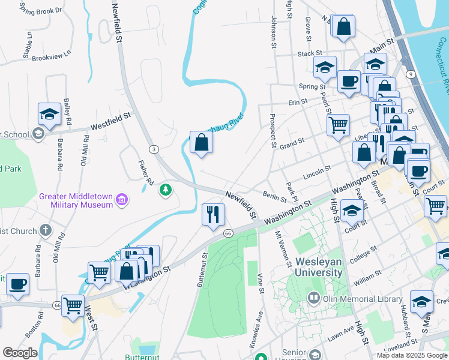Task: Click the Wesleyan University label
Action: (x=318, y=268)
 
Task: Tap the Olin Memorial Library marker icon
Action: (x=313, y=298)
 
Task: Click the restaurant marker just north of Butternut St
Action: (x=213, y=215)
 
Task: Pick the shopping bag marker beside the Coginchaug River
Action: (x=201, y=143)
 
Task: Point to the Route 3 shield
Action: (x=154, y=148)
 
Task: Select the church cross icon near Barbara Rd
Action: (x=46, y=230)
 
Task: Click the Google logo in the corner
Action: (x=20, y=353)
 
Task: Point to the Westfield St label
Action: (x=110, y=122)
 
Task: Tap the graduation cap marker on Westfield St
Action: (x=49, y=114)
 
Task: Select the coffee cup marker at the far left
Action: (x=18, y=284)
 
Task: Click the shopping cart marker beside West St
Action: (x=73, y=305)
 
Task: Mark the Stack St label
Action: (x=310, y=53)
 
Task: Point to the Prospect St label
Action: (x=273, y=131)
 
